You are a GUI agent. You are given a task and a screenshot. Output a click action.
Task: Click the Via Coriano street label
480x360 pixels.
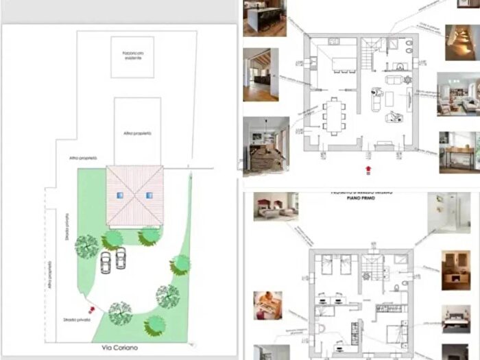pyautogui.click(x=120, y=348)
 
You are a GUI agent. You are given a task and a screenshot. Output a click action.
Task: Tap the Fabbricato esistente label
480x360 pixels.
pyautogui.click(x=133, y=56)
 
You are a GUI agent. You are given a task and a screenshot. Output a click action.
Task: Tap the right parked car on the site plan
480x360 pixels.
pyautogui.click(x=121, y=259)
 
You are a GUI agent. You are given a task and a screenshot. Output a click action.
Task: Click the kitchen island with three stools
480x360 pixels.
pyautogui.click(x=343, y=64)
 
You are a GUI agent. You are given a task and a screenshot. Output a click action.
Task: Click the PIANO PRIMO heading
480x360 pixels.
pyautogui.click(x=361, y=203)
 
